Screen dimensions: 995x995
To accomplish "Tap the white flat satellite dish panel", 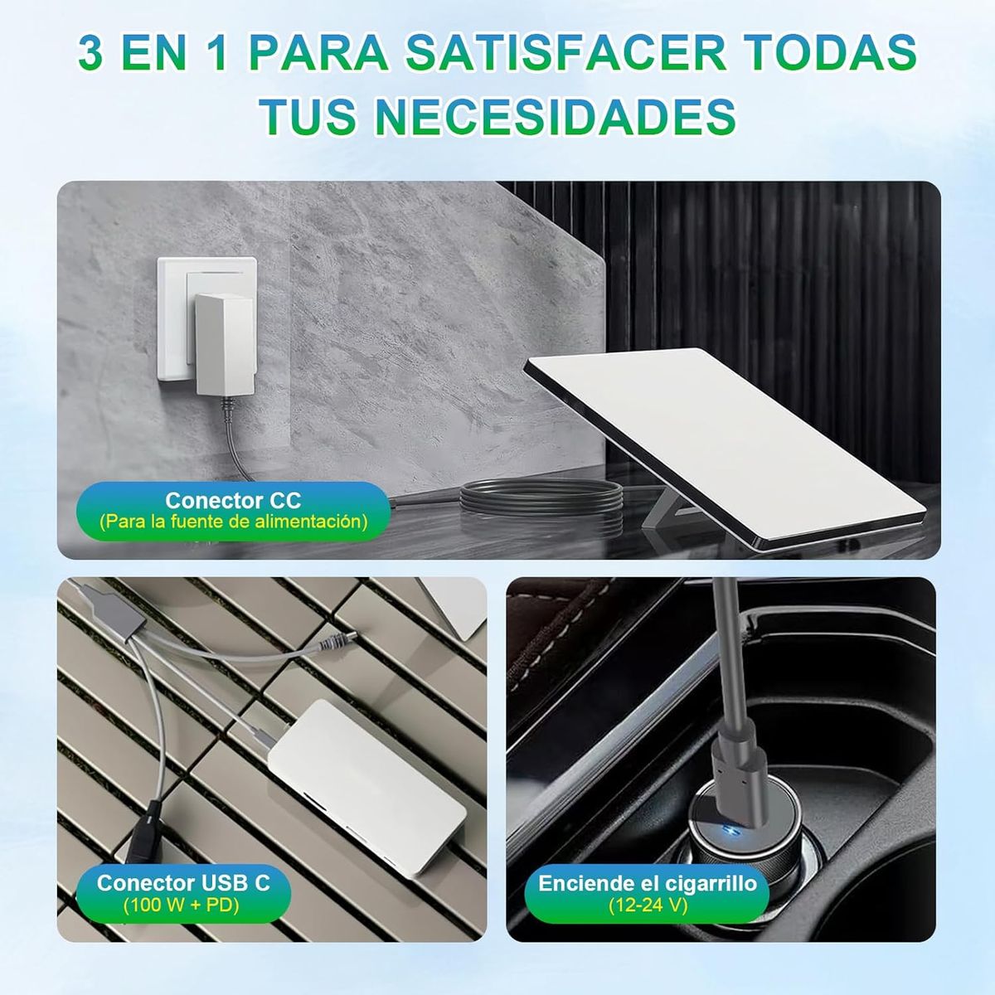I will [730, 439].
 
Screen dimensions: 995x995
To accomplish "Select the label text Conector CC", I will [233, 501].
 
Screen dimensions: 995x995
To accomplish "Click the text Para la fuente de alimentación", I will [233, 522].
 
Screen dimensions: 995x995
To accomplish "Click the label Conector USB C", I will [183, 882].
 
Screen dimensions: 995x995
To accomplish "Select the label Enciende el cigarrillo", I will [648, 883].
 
